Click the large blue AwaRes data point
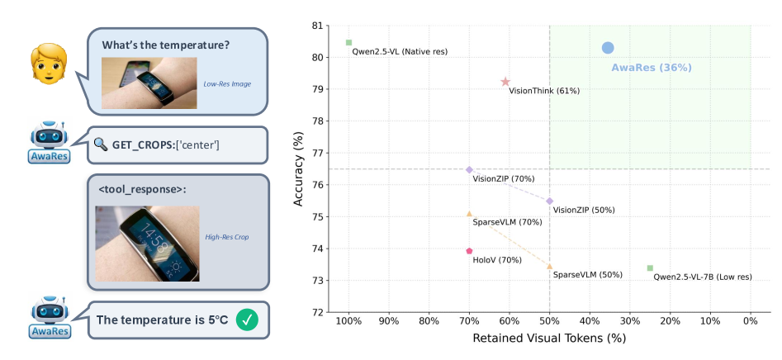[x=608, y=48]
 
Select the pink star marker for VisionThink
[x=505, y=82]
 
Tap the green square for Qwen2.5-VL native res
[x=348, y=42]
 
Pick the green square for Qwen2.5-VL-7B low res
[x=650, y=268]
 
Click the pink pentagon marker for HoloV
[x=469, y=251]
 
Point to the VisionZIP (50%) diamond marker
[x=550, y=201]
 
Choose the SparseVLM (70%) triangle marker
[x=469, y=214]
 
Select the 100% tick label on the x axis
[x=348, y=321]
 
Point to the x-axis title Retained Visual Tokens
[x=549, y=339]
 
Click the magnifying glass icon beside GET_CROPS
[x=101, y=144]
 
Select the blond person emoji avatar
[x=48, y=64]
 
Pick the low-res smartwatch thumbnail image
[x=149, y=83]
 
